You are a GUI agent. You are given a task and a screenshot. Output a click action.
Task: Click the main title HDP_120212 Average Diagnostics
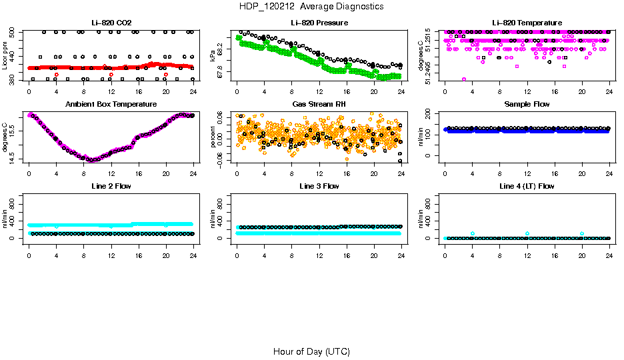coord(312,6)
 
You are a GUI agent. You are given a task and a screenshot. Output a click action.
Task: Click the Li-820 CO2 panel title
coord(111,23)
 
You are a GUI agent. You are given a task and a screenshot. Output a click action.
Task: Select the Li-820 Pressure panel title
coord(319,23)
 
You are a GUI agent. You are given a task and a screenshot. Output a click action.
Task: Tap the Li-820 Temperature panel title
coord(527,23)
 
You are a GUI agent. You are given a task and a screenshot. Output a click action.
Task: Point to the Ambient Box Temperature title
coord(111,105)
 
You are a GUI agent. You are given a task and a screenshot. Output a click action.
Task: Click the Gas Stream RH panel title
coord(319,105)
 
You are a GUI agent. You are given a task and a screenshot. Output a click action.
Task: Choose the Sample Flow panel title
coord(527,105)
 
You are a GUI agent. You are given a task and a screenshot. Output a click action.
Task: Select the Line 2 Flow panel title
coord(111,186)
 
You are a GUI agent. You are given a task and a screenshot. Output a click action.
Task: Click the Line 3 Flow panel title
coord(319,186)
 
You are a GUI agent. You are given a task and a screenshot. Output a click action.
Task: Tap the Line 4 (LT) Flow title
coord(527,186)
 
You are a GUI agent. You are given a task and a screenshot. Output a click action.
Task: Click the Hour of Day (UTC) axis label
coord(311,351)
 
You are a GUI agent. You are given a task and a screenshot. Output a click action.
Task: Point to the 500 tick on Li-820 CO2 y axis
coord(14,32)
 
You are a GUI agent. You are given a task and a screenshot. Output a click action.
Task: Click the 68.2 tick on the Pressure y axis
coord(222,45)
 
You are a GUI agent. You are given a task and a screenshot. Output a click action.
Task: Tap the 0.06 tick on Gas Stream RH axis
coord(222,115)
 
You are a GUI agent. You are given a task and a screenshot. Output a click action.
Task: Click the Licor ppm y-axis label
coord(5,56)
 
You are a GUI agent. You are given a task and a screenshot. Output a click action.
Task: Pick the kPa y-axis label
coord(213,56)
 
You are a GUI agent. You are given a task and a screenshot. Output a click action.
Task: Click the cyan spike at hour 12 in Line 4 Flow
coord(527,233)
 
